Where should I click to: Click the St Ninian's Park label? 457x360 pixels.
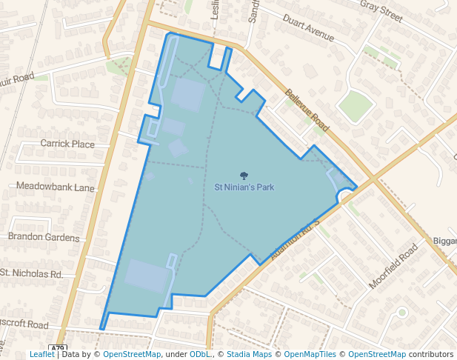coord(244,187)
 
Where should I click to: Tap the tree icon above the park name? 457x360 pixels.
coord(244,175)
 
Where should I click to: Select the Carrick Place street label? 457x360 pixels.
coord(67,144)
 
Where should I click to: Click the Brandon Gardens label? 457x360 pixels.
coord(44,238)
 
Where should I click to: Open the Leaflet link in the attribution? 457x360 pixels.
coord(41,355)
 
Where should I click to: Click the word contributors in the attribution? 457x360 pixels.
coord(430,355)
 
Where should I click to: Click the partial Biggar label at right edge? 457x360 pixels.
coord(444,241)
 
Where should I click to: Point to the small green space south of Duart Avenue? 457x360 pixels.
coord(355,106)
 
